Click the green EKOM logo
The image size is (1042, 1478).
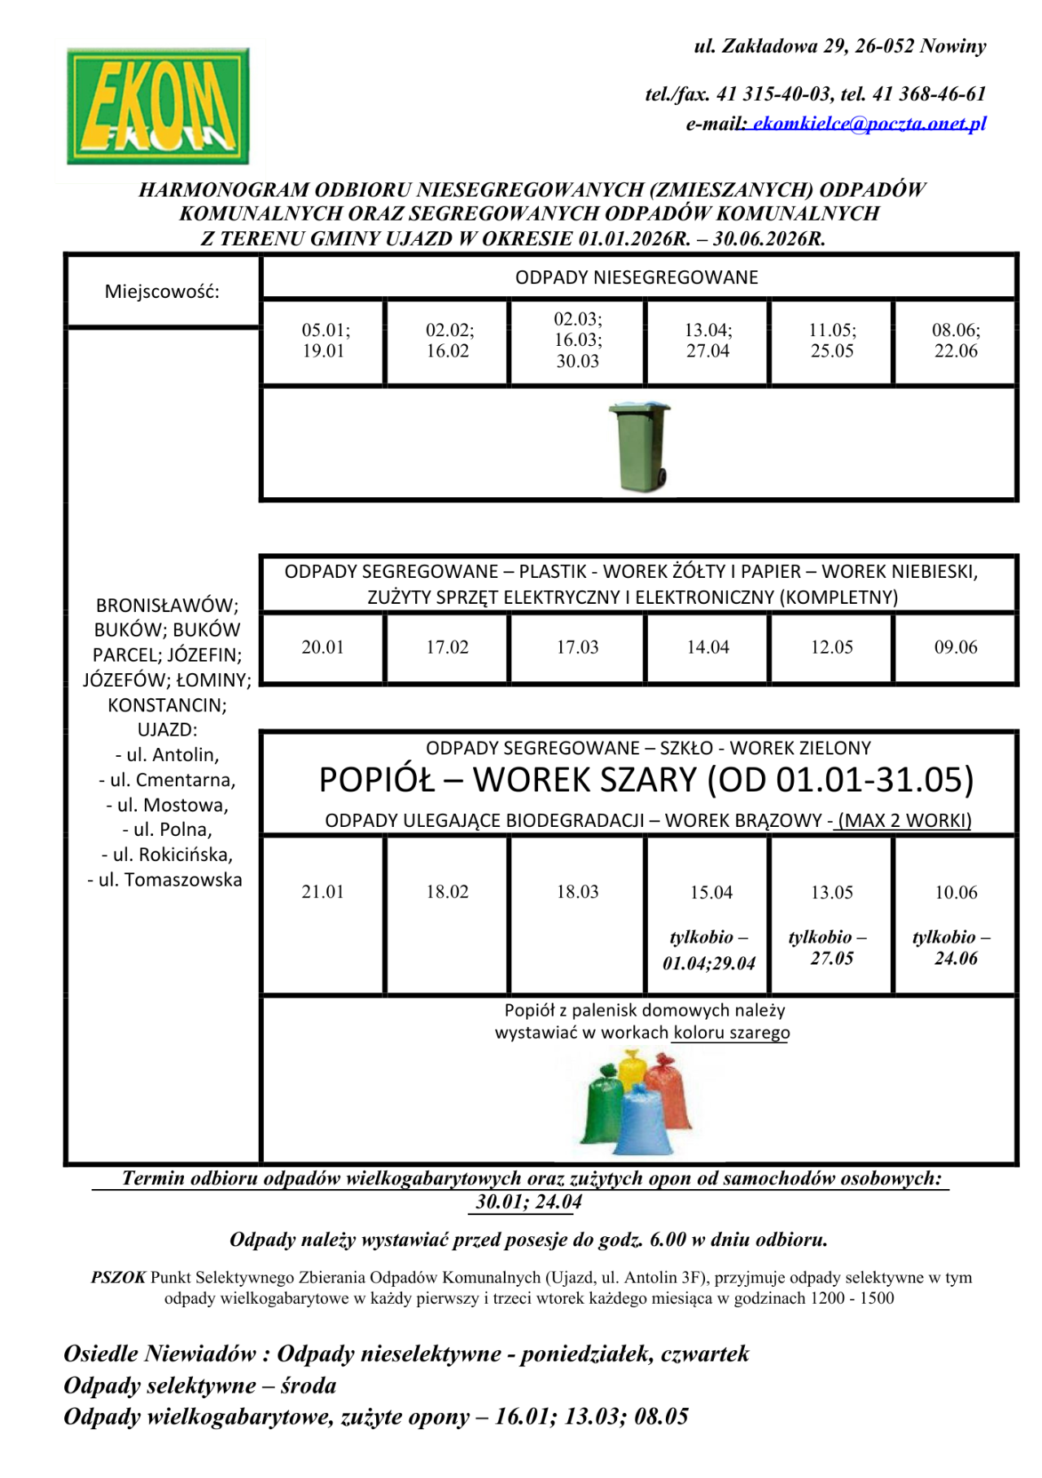[158, 106]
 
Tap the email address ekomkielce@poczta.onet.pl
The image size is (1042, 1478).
[869, 124]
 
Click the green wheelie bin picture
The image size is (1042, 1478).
[640, 446]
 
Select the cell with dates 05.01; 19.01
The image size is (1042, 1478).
[323, 341]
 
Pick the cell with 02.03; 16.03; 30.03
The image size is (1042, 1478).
[577, 340]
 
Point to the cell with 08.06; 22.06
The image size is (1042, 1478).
[956, 341]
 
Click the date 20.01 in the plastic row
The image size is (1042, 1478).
[323, 648]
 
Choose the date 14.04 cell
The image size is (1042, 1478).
[707, 648]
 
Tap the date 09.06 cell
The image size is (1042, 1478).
[956, 648]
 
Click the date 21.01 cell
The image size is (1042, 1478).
[323, 892]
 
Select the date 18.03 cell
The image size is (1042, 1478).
[577, 892]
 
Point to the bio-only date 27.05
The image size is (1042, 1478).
[831, 959]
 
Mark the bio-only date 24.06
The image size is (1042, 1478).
[956, 959]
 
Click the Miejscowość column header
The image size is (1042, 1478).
[162, 292]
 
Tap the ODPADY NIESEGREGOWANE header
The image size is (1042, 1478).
[637, 278]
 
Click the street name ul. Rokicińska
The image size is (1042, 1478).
[168, 855]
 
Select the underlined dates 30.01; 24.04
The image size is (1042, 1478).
[528, 1202]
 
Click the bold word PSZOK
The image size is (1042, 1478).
[118, 1278]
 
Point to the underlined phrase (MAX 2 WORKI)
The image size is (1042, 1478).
[904, 820]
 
